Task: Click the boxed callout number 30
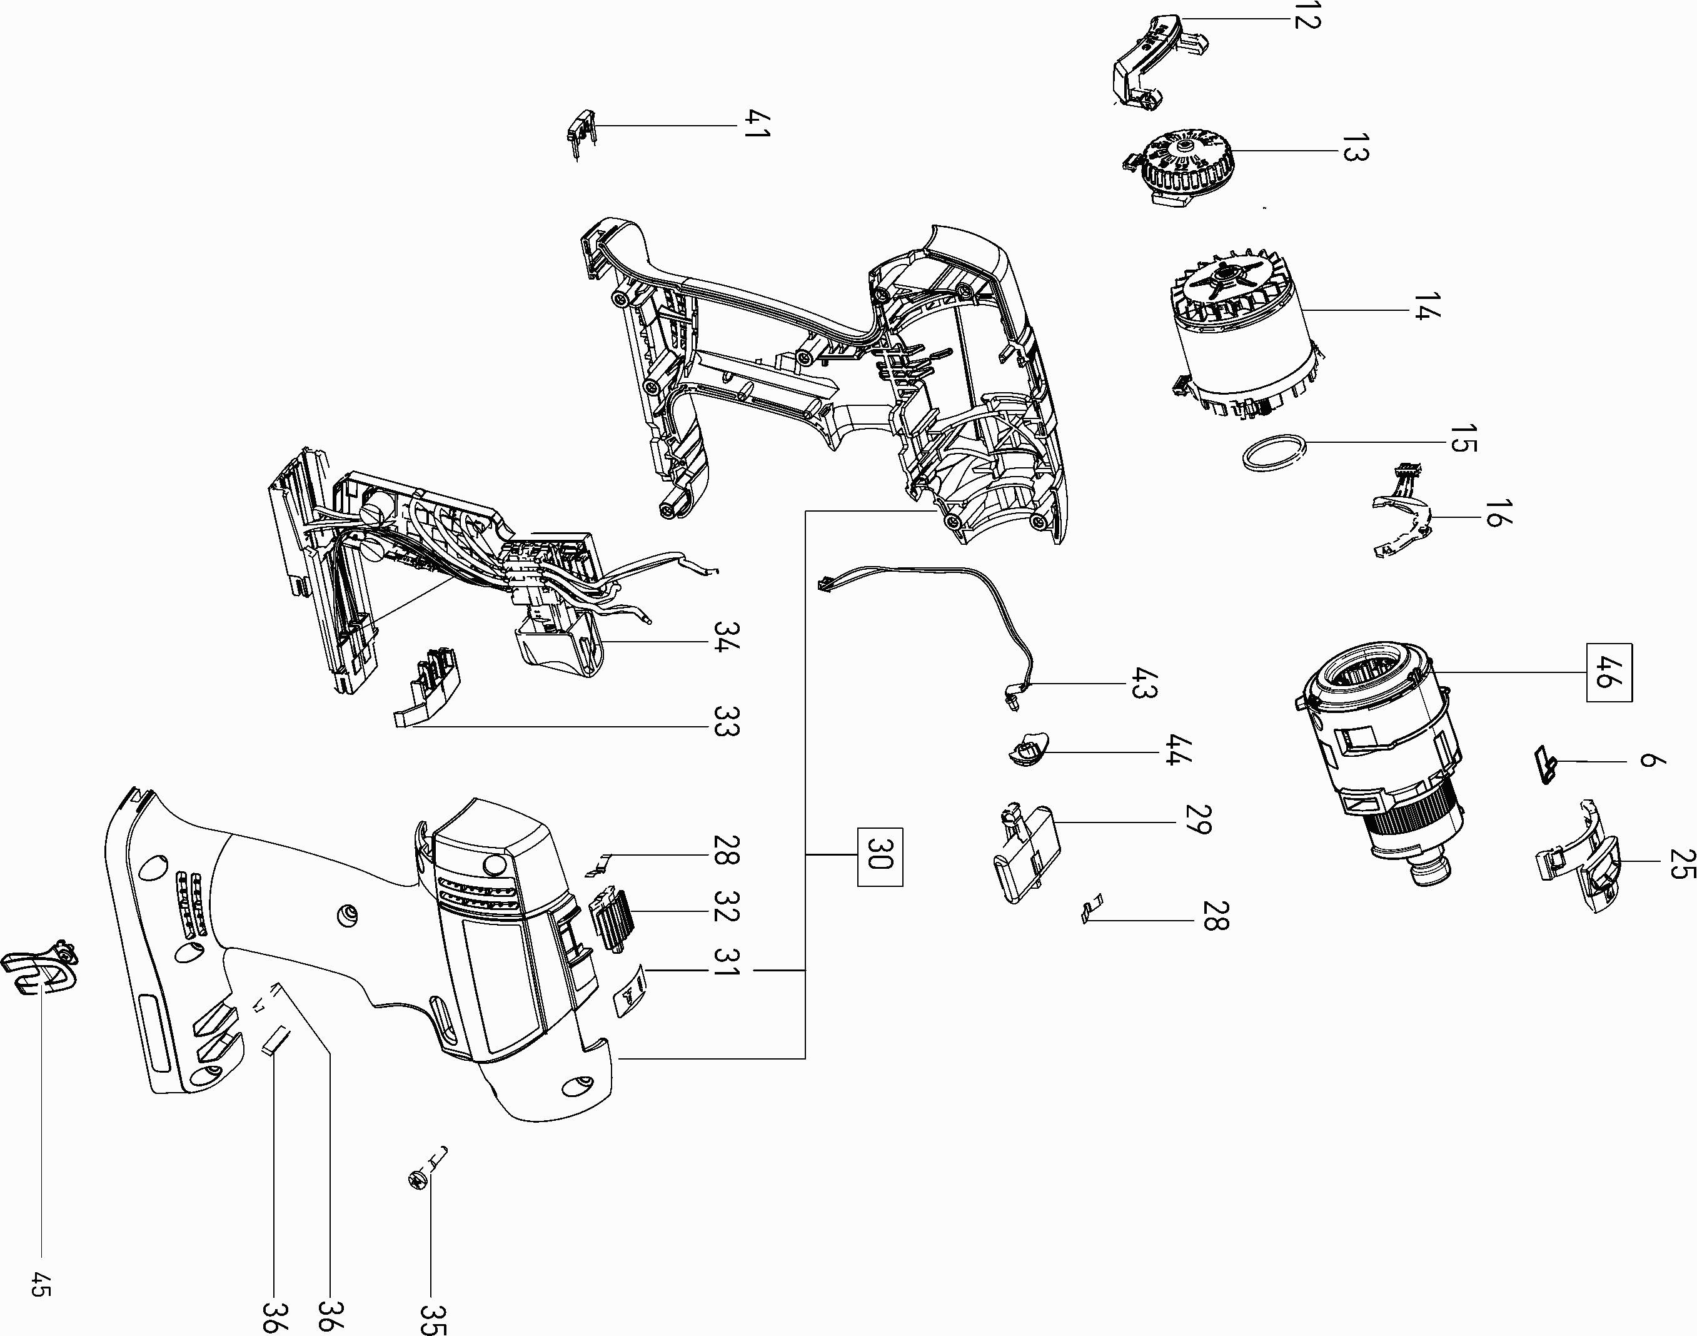point(880,856)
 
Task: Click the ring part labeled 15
point(1276,453)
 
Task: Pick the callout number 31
point(727,970)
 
